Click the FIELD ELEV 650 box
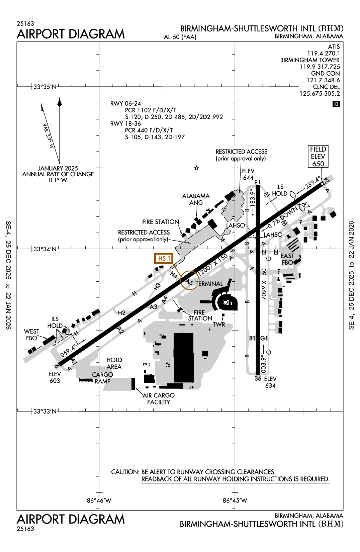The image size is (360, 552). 318,156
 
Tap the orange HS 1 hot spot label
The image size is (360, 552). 164,259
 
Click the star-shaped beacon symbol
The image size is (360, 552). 196,168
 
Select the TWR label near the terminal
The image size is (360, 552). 219,324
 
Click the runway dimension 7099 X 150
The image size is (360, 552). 264,284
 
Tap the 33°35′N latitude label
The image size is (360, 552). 45,87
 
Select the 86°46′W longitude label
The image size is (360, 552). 99,500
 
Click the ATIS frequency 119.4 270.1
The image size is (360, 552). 324,53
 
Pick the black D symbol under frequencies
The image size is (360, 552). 336,104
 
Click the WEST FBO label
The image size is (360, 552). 32,335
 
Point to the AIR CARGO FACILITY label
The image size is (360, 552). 159,398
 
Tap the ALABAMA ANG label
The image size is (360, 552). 196,199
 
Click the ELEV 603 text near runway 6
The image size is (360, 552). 55,377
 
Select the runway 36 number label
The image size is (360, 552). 258,378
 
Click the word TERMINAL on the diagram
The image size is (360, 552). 209,284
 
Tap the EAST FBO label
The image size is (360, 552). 287,259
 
